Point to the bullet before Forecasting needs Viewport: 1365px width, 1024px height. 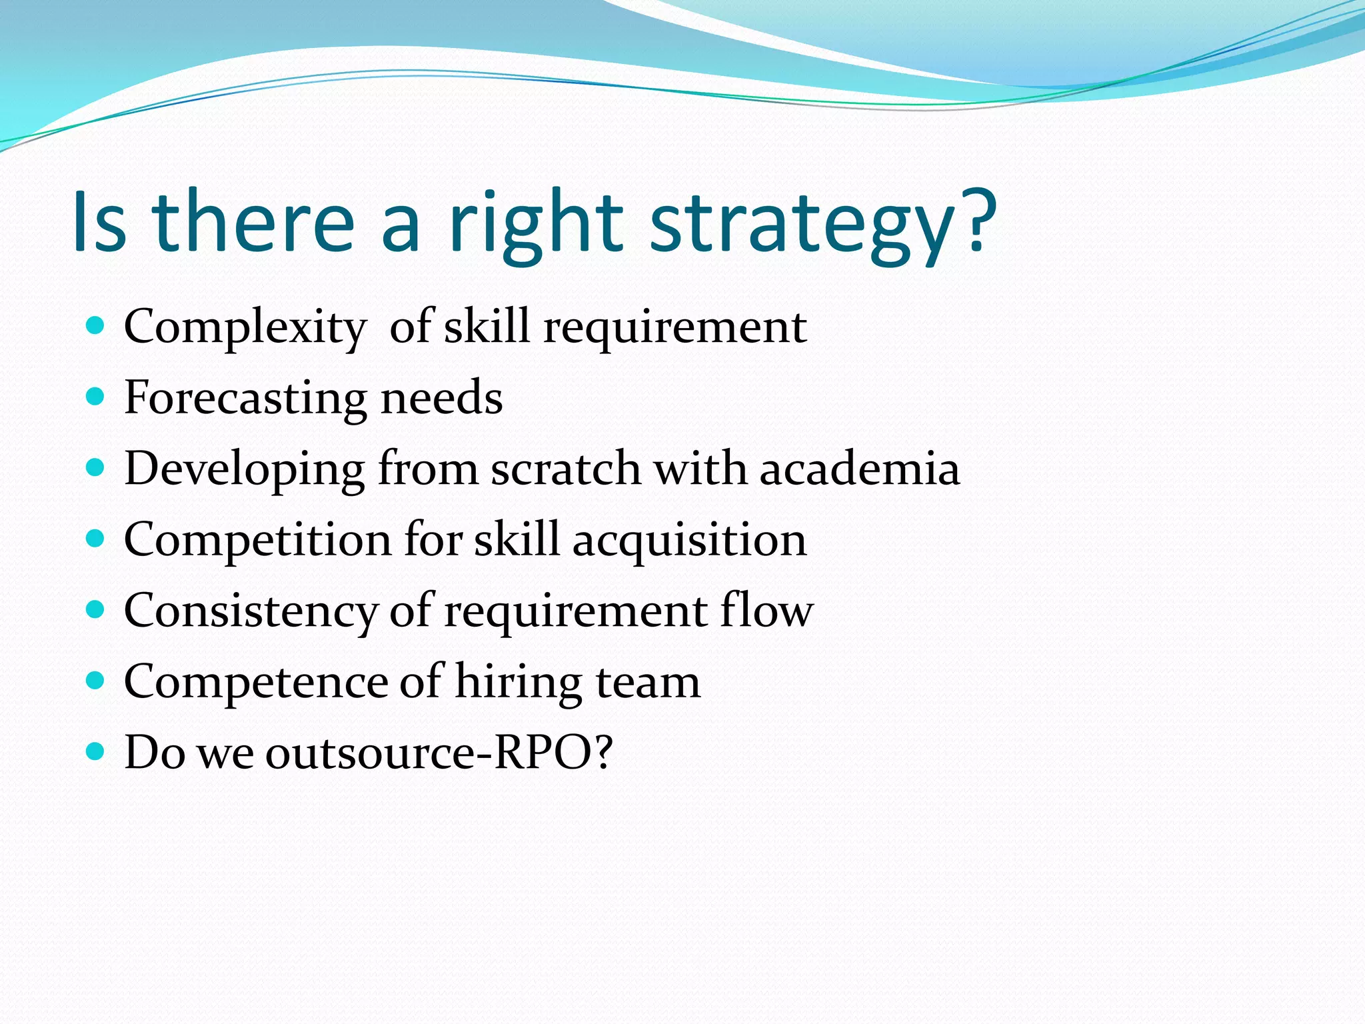[x=96, y=397]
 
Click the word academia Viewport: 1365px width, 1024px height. [x=860, y=468]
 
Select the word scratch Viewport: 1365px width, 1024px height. [x=566, y=468]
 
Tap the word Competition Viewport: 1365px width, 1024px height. [x=257, y=540]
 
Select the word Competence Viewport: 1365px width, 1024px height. [x=256, y=683]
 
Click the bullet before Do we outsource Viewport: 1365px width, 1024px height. [x=96, y=752]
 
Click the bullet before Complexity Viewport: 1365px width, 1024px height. [x=96, y=325]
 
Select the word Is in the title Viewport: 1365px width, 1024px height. [x=99, y=223]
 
